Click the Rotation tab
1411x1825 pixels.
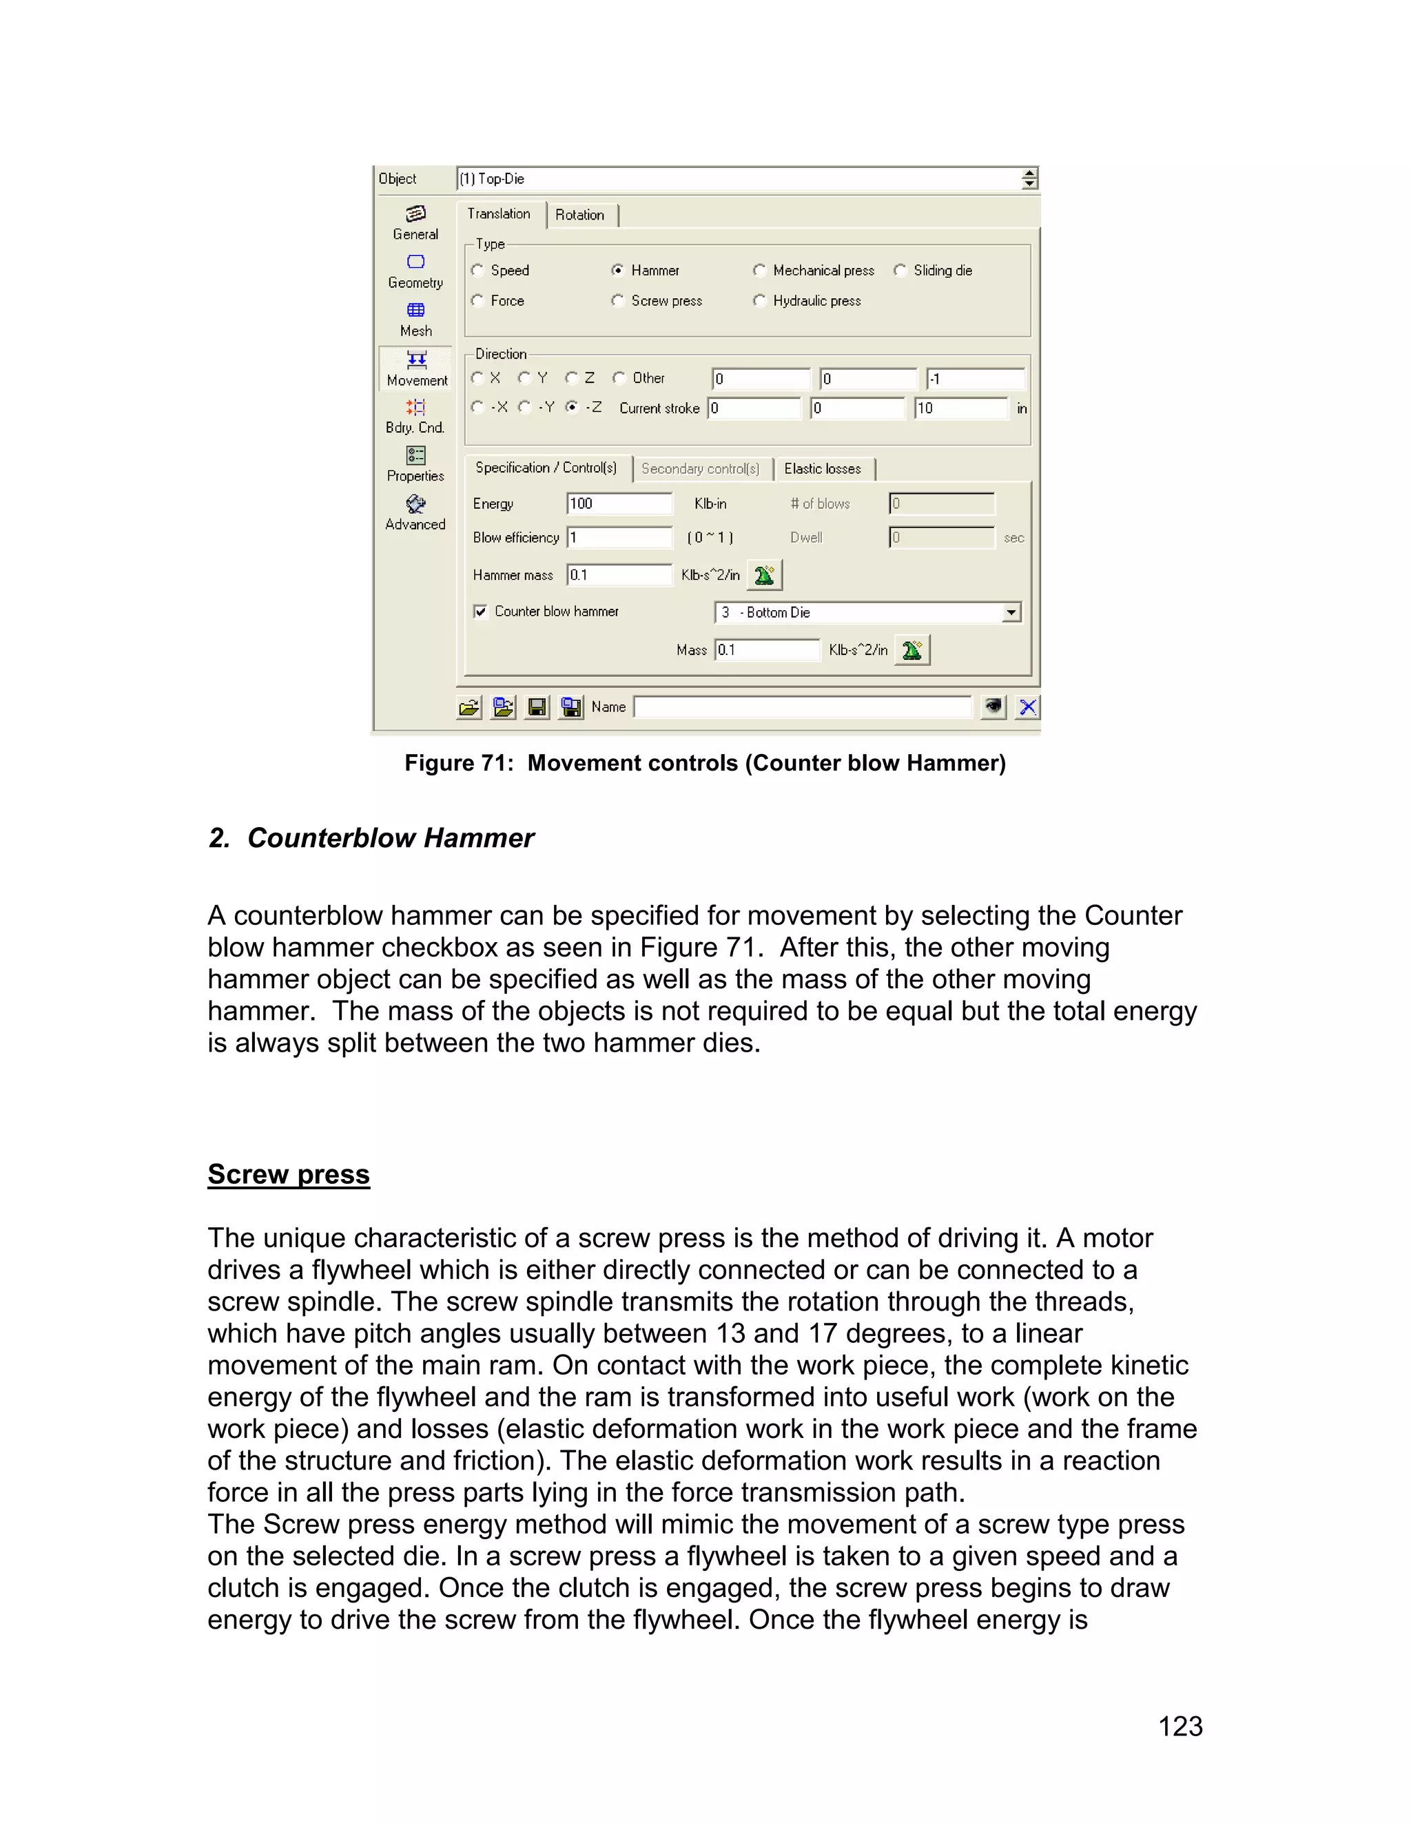click(579, 215)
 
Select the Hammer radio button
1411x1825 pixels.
click(618, 270)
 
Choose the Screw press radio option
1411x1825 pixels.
click(618, 300)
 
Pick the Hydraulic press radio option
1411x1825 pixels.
click(759, 300)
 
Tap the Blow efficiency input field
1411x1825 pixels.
click(619, 537)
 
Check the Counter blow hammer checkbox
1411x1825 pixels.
click(481, 612)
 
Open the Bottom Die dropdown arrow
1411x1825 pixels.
click(1011, 612)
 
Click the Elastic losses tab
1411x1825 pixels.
click(823, 469)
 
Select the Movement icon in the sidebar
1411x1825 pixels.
click(416, 368)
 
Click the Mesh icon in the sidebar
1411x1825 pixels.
click(415, 318)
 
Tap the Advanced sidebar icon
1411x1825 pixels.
click(415, 512)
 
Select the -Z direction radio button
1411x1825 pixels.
click(572, 407)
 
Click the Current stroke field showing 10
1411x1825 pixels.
click(960, 408)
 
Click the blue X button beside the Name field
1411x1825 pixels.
click(1027, 707)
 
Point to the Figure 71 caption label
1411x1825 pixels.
click(705, 763)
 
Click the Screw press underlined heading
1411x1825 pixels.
click(289, 1174)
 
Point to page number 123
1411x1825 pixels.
click(1180, 1727)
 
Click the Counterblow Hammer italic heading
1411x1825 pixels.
click(371, 837)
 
